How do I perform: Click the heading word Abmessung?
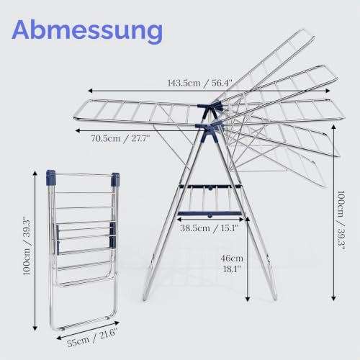[x=87, y=30]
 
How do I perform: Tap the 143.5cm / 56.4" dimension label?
[x=200, y=83]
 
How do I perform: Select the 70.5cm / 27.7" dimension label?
[x=120, y=139]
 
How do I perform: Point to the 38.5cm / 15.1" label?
[x=210, y=228]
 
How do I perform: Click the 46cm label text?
[x=232, y=258]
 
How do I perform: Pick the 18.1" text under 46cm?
[x=232, y=269]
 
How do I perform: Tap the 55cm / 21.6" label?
[x=92, y=338]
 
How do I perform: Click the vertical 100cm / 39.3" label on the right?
[x=341, y=221]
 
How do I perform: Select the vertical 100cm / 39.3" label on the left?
[x=27, y=246]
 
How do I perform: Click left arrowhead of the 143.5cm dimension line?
[x=90, y=91]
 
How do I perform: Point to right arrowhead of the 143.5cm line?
[x=328, y=91]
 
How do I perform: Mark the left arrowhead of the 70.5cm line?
[x=78, y=130]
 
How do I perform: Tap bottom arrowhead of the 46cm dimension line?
[x=248, y=299]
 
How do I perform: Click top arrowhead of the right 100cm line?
[x=333, y=127]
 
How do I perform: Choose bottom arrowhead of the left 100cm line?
[x=35, y=328]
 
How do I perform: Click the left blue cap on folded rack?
[x=50, y=177]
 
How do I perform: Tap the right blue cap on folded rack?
[x=115, y=179]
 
